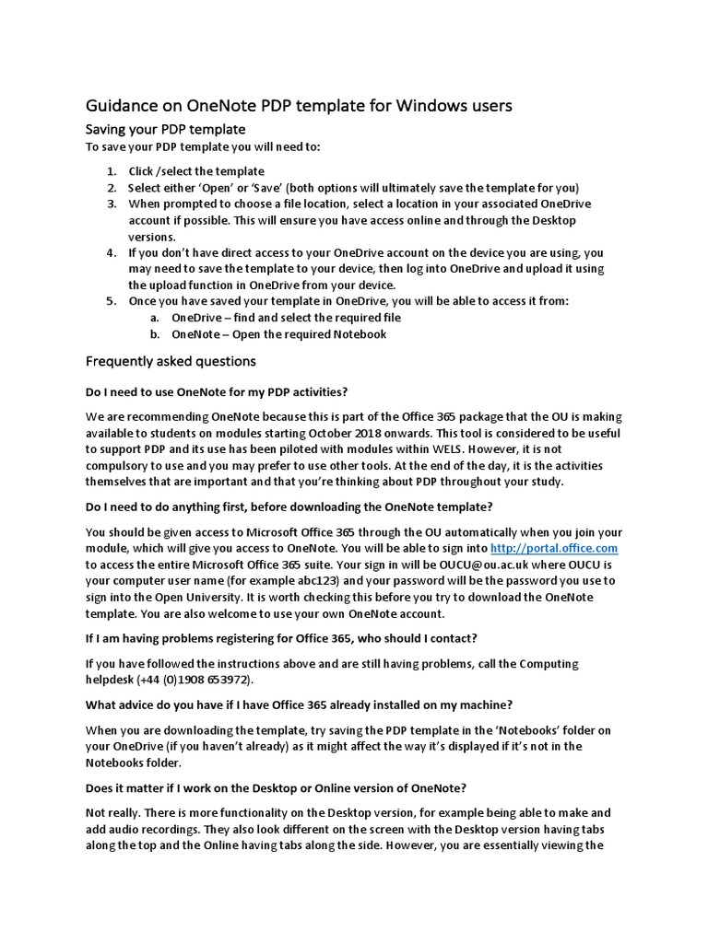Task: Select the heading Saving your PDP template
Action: coord(165,129)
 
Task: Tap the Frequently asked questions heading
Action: coord(171,360)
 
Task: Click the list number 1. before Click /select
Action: coord(111,171)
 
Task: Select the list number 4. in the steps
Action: coord(111,252)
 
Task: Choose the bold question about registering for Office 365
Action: coord(281,638)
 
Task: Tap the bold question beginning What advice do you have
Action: coord(299,704)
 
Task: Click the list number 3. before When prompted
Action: coord(111,204)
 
